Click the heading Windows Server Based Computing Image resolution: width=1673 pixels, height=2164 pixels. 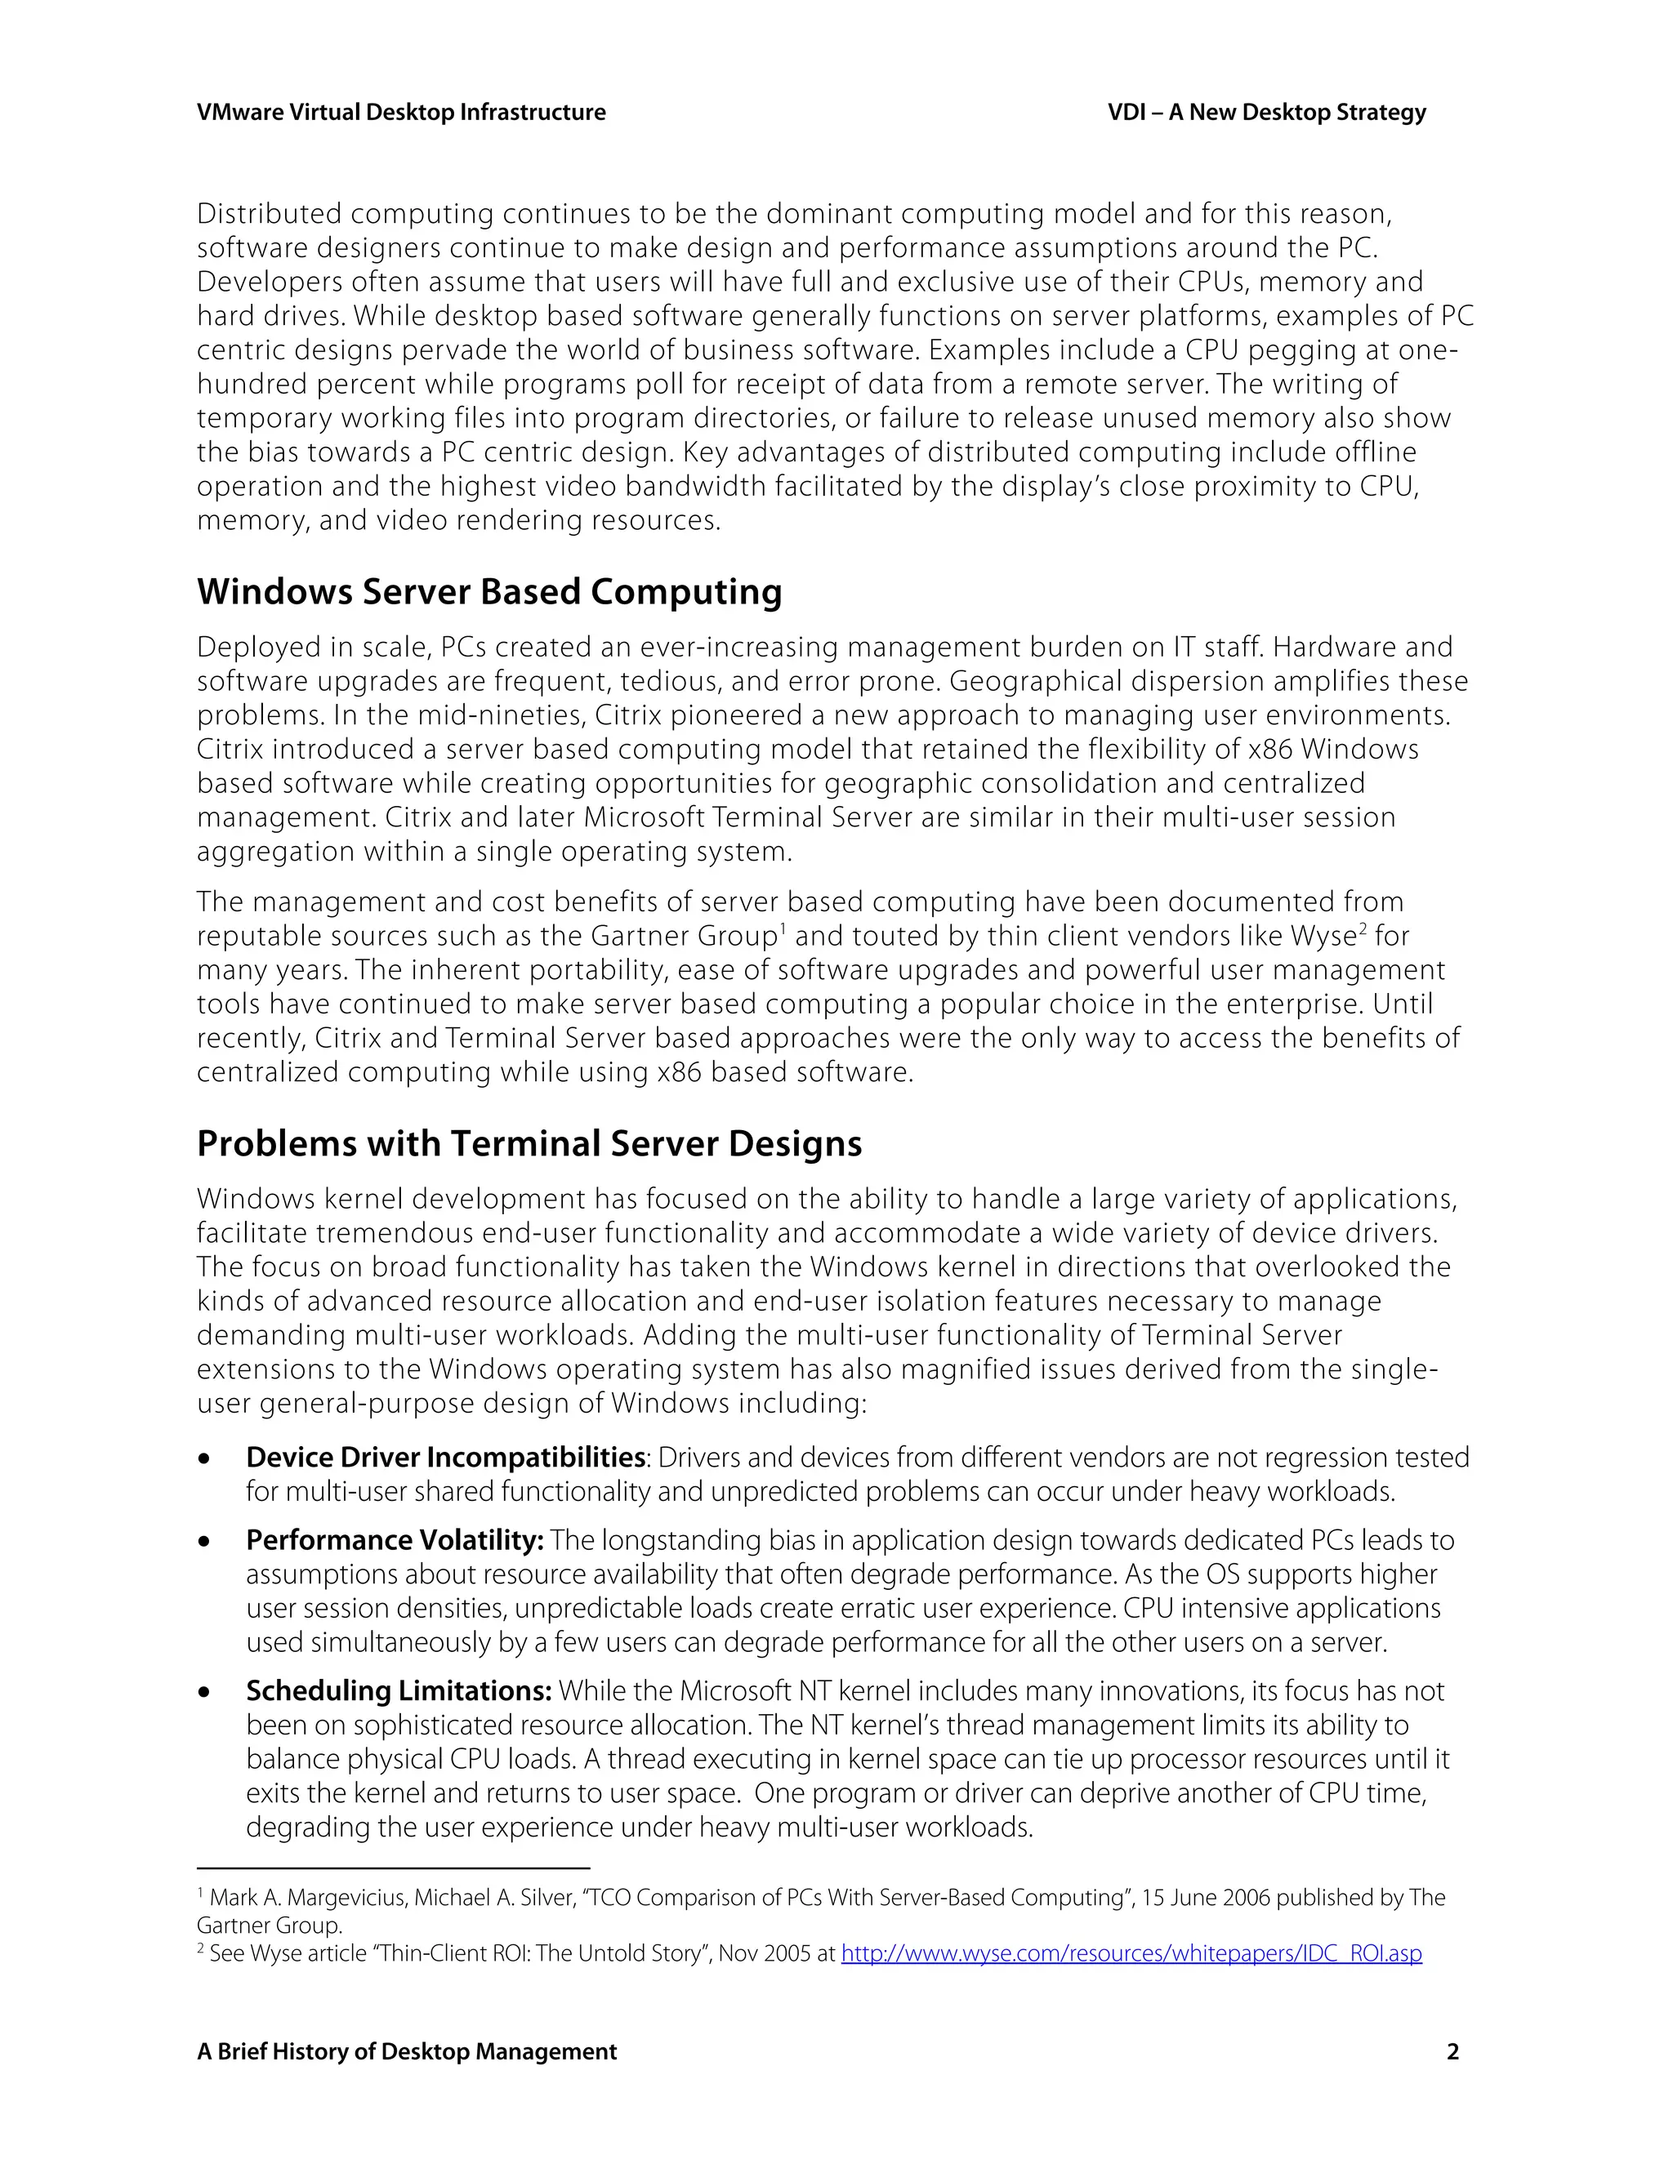click(x=489, y=591)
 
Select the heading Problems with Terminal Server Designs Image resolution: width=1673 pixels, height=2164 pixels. click(x=529, y=1143)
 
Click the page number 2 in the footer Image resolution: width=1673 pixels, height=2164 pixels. click(x=1452, y=2051)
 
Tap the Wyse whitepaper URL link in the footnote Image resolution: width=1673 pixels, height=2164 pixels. click(x=1131, y=1953)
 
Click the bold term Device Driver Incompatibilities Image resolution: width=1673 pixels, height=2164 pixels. click(x=445, y=1457)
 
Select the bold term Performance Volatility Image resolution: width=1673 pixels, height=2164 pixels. click(x=395, y=1540)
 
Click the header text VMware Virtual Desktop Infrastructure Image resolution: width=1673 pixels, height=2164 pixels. click(x=400, y=113)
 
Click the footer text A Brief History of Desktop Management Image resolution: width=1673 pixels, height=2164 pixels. click(x=406, y=2051)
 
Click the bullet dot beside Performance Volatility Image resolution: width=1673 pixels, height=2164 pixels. click(x=204, y=1542)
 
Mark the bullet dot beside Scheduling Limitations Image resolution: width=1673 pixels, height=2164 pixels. click(x=204, y=1692)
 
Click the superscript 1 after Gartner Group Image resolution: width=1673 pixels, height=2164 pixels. click(x=782, y=928)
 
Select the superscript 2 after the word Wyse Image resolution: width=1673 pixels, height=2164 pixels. click(x=1362, y=928)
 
